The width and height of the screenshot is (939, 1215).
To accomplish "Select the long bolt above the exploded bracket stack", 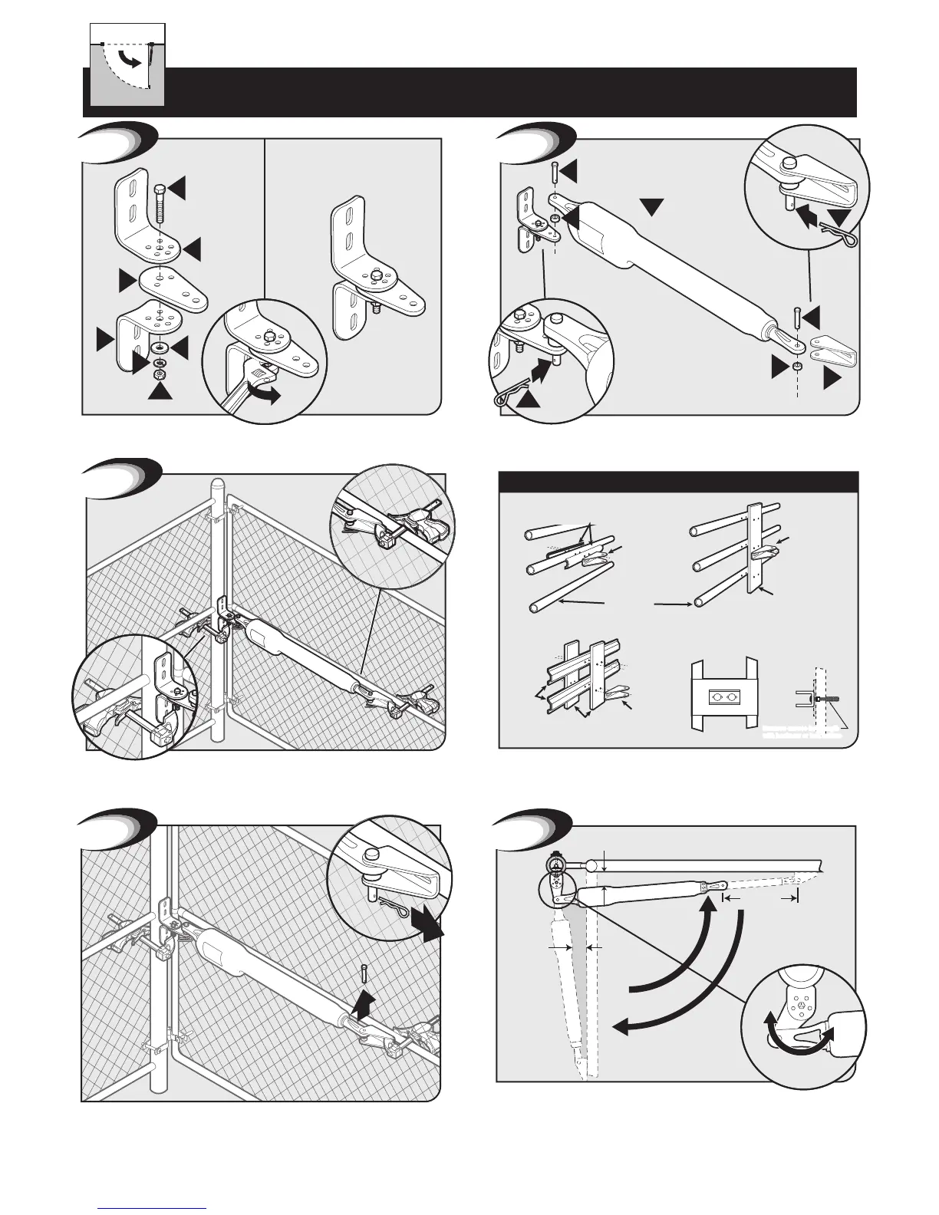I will click(x=159, y=202).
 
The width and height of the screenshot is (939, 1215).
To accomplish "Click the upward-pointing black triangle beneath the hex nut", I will click(x=161, y=390).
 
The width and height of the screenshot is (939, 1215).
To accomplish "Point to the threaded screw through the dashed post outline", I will click(x=825, y=699).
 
